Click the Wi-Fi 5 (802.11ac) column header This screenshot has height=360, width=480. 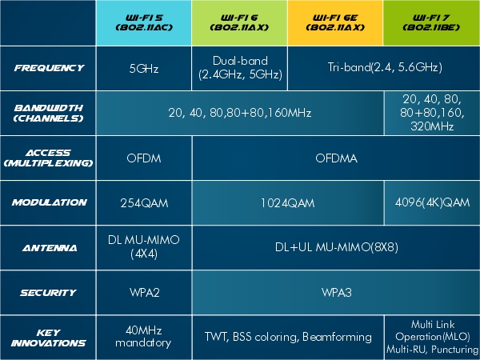(x=144, y=22)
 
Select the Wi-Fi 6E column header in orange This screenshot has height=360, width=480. (x=335, y=22)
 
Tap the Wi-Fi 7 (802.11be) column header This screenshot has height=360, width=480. (x=432, y=22)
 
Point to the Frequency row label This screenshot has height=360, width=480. (x=48, y=68)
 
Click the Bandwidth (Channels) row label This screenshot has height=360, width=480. (x=48, y=113)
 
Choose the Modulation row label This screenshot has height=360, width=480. (x=48, y=202)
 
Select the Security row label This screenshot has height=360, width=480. (x=48, y=293)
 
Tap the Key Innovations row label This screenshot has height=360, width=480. (x=48, y=338)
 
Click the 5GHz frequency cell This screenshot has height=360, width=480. (x=144, y=68)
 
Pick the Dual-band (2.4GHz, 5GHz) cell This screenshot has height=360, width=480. (x=240, y=68)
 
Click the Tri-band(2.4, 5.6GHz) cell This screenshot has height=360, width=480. (x=384, y=68)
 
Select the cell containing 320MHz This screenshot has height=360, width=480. (x=432, y=113)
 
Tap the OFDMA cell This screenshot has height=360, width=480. (x=336, y=158)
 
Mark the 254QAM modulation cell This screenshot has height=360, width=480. (x=144, y=202)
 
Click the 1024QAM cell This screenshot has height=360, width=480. (x=288, y=202)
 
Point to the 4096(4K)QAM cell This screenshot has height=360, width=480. (x=432, y=202)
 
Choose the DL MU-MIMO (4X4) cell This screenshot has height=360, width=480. (x=144, y=247)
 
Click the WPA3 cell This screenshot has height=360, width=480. (x=336, y=293)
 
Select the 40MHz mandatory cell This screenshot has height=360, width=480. (x=144, y=338)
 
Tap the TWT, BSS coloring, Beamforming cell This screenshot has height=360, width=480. (x=288, y=338)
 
